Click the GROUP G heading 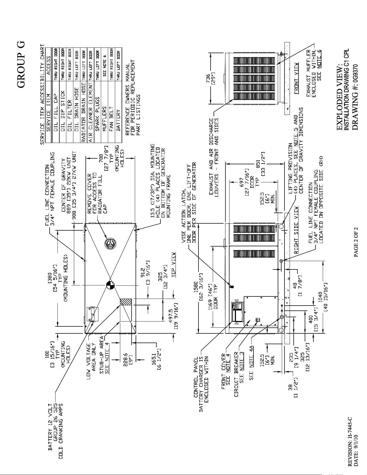pos(21,65)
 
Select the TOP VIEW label pos(173,261)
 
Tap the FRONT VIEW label pos(296,78)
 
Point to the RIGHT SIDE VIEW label pos(296,230)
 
